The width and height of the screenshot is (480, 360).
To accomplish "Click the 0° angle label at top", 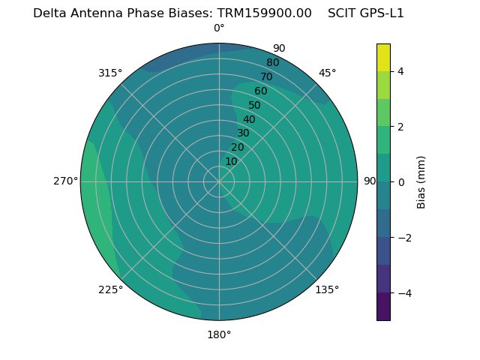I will tap(219, 28).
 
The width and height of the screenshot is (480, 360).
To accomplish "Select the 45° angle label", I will tap(327, 73).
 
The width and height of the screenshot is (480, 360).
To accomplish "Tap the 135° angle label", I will tap(327, 289).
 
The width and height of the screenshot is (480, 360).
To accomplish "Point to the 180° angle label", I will tap(219, 334).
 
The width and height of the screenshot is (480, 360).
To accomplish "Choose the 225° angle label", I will tap(110, 289).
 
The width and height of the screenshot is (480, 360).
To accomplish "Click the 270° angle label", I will tap(65, 181).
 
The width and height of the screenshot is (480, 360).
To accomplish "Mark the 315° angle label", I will tap(110, 73).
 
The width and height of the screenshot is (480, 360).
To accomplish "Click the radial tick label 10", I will tap(231, 161).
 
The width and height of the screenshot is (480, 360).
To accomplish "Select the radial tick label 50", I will tap(255, 105).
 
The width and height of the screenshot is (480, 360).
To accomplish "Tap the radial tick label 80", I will tap(272, 63).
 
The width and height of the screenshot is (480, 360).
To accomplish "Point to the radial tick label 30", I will tap(243, 133).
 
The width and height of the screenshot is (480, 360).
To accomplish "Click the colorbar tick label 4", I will tap(400, 71).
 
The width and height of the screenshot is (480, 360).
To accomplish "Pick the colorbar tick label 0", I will tap(400, 182).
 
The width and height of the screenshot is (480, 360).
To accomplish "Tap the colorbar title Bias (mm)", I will tap(421, 182).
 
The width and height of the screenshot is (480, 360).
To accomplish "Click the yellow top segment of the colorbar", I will tap(383, 58).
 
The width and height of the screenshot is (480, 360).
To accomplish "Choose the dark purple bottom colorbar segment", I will tap(383, 307).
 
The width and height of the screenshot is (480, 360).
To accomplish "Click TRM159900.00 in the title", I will tap(265, 13).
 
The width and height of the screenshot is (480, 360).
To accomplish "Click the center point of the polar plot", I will tap(219, 181).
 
